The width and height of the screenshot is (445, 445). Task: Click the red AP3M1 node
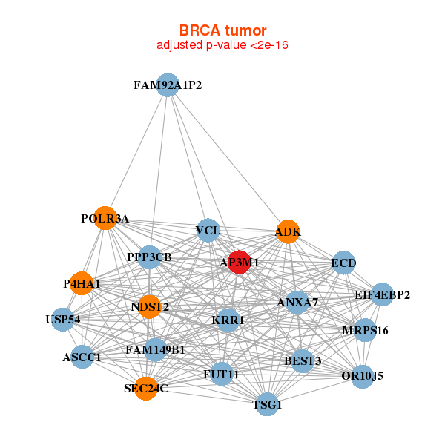(x=238, y=262)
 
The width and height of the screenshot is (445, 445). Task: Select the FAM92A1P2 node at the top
(x=168, y=85)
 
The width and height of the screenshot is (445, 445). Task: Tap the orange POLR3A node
(x=105, y=218)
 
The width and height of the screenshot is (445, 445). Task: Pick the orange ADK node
(x=288, y=232)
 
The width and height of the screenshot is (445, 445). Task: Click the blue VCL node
(x=208, y=231)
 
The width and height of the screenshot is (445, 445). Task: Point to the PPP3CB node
(x=149, y=257)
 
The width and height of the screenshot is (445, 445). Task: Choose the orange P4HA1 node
(x=82, y=283)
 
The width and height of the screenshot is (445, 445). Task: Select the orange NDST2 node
(x=150, y=306)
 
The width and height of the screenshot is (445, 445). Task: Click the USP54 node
(x=63, y=320)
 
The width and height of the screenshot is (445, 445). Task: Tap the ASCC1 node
(x=82, y=357)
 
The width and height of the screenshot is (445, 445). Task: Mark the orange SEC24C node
(x=146, y=388)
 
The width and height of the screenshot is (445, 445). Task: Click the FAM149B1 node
(x=155, y=349)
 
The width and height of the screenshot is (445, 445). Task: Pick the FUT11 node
(x=221, y=374)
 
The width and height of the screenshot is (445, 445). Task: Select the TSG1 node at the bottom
(x=267, y=405)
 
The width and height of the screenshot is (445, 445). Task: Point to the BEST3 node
(x=303, y=361)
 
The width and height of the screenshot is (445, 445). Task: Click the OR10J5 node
(x=363, y=376)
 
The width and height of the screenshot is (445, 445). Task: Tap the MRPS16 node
(x=365, y=330)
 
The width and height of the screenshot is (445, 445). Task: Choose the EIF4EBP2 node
(x=382, y=294)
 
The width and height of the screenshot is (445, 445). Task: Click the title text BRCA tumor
(x=222, y=30)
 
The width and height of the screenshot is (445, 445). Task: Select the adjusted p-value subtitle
(x=222, y=45)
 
